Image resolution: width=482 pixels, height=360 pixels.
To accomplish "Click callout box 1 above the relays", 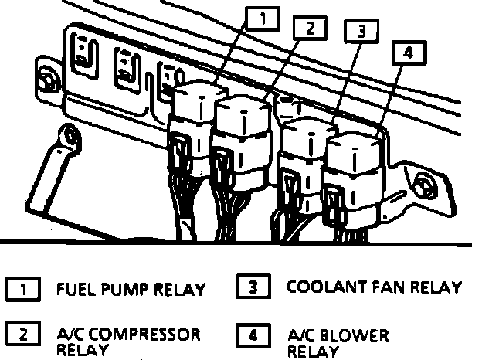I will point(263,18).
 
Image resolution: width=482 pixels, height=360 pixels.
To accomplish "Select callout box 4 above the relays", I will point(409,53).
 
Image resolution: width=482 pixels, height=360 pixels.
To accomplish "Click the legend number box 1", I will point(23,290).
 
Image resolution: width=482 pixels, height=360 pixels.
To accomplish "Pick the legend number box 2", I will point(23,335).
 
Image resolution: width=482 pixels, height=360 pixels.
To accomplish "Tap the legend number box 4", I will point(254,335).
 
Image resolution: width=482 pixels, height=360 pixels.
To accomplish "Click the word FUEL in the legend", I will point(74,290).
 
